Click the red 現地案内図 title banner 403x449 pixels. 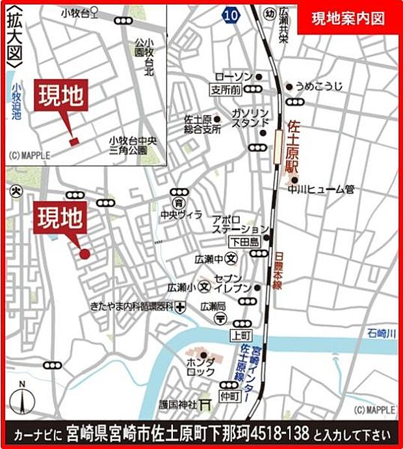click(348, 18)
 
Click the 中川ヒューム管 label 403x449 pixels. click(322, 190)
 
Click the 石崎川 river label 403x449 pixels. click(380, 334)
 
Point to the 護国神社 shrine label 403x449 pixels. click(177, 404)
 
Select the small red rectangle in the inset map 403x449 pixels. click(73, 141)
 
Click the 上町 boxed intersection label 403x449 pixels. click(239, 335)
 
